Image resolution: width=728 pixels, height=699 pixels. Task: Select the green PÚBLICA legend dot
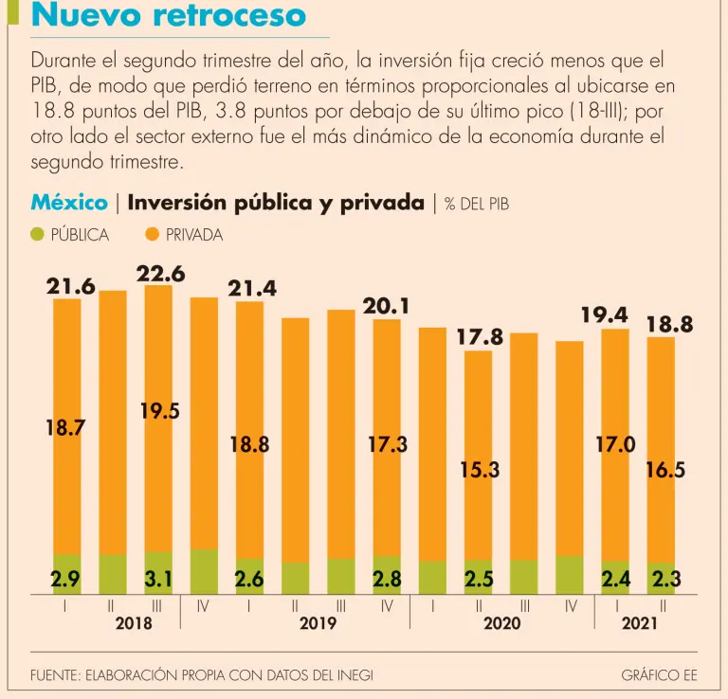click(x=38, y=235)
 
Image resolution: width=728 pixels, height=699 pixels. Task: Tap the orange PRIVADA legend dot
click(x=153, y=235)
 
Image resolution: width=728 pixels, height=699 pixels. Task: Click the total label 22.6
click(x=160, y=274)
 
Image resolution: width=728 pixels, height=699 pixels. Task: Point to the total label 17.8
click(x=479, y=337)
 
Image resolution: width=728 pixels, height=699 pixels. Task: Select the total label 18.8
click(x=669, y=325)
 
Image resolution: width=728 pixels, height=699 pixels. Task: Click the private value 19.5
click(x=160, y=410)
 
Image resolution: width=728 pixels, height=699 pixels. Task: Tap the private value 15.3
click(x=479, y=469)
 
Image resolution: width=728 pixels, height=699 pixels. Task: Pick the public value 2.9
click(x=65, y=577)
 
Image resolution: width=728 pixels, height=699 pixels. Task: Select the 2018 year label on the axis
click(x=134, y=623)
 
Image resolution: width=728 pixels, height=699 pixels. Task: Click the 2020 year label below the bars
click(x=502, y=623)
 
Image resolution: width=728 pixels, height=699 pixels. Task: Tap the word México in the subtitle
click(x=68, y=203)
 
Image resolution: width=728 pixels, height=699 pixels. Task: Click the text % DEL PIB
click(x=477, y=204)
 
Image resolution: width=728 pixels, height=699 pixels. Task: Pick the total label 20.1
click(x=387, y=307)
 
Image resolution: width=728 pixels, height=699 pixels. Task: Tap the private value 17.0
click(x=616, y=444)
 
